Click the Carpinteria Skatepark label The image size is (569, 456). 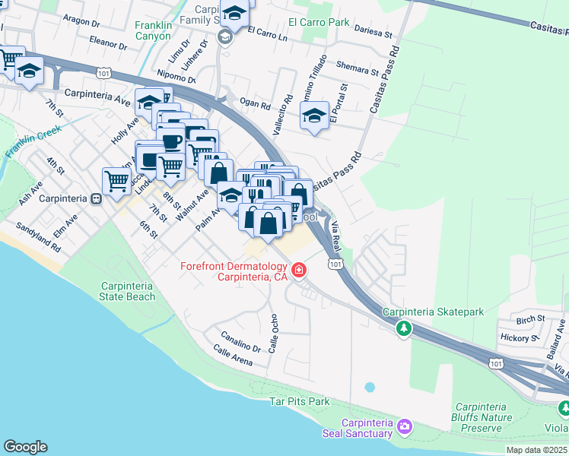pyautogui.click(x=433, y=312)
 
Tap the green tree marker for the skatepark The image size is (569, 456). pyautogui.click(x=404, y=328)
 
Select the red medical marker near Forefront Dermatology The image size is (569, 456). pyautogui.click(x=299, y=270)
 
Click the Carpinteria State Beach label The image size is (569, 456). pyautogui.click(x=128, y=291)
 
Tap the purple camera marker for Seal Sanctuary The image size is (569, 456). pyautogui.click(x=405, y=429)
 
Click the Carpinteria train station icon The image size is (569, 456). pyautogui.click(x=97, y=199)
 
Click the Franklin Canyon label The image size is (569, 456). pyautogui.click(x=153, y=30)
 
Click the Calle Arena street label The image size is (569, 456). pyautogui.click(x=233, y=355)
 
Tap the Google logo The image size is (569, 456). pyautogui.click(x=25, y=447)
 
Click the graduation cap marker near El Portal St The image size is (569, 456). pyautogui.click(x=314, y=116)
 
